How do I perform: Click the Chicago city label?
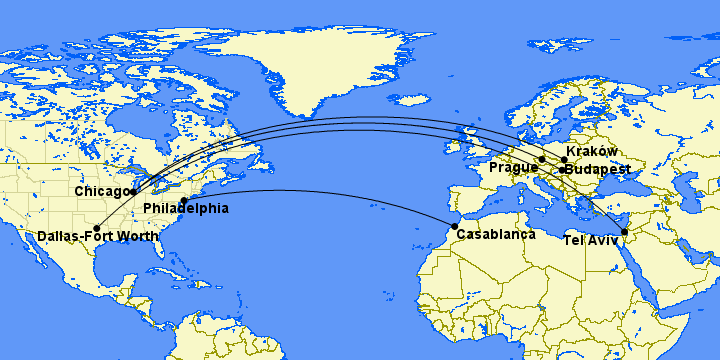(101, 191)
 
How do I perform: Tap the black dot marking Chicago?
(133, 191)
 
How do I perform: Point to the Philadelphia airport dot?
(184, 201)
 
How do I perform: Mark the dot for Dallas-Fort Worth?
(97, 227)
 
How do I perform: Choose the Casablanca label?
(496, 234)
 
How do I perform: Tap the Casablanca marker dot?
(456, 227)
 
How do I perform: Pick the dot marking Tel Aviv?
(624, 233)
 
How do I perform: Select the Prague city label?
(512, 167)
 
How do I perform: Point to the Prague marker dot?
(541, 159)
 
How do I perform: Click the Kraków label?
(591, 150)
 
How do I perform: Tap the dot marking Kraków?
(564, 159)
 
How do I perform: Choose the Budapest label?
(598, 169)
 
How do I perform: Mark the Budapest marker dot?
(562, 170)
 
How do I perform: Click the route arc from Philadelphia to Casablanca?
(320, 190)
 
